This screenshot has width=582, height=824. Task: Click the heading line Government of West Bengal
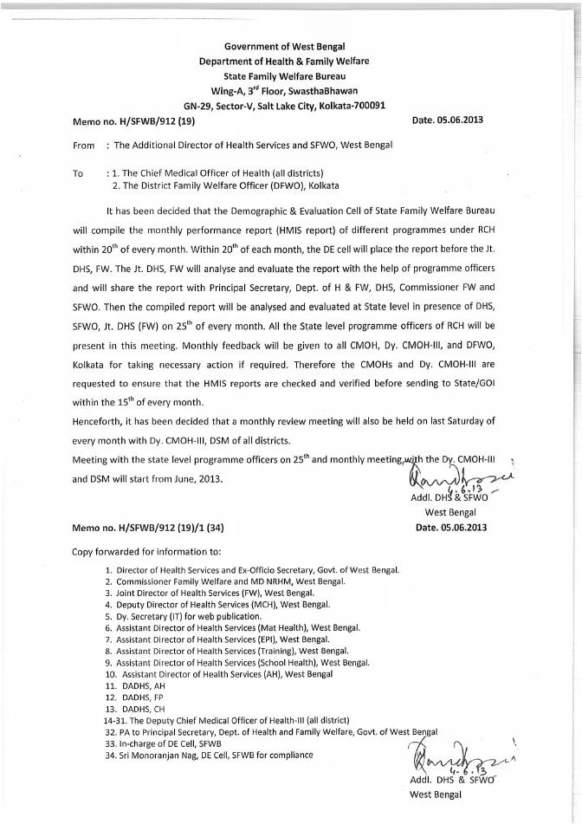(290, 45)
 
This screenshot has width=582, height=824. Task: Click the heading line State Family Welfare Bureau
(290, 75)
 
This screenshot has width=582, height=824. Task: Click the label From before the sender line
(85, 145)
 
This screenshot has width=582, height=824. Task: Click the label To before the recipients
(79, 173)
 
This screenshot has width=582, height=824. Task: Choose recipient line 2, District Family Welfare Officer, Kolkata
(225, 185)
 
